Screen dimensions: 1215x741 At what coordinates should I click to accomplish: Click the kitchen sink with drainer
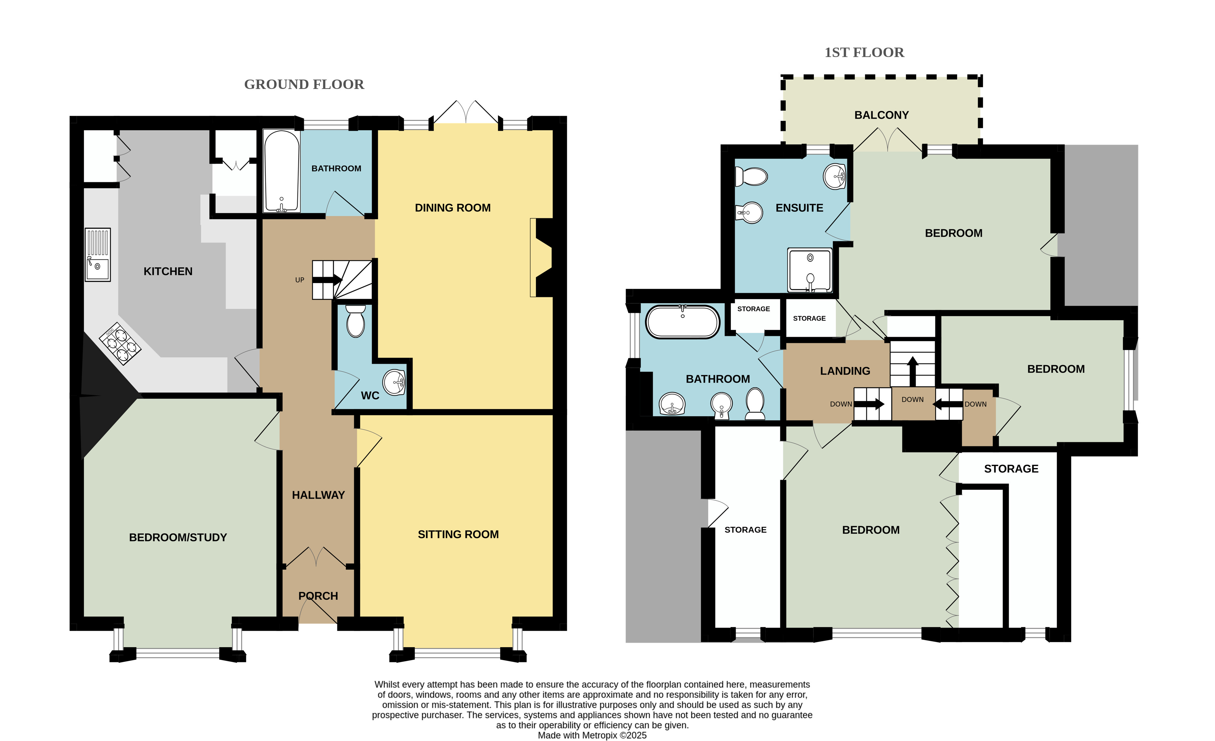[x=98, y=255]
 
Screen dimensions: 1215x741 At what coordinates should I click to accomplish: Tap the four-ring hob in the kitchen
[x=120, y=343]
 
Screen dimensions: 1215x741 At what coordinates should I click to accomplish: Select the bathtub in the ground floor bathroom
[x=282, y=171]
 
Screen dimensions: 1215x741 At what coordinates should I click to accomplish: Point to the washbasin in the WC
[x=394, y=382]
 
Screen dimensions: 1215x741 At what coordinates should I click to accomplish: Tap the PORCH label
[x=318, y=596]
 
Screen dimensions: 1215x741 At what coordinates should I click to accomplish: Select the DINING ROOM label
[x=453, y=208]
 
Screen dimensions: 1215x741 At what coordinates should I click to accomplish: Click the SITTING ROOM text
[x=458, y=534]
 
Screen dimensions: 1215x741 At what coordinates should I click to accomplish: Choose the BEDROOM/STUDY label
[x=178, y=537]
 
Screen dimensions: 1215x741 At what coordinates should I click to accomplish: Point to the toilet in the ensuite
[x=751, y=176]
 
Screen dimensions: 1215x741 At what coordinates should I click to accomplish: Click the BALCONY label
[x=882, y=115]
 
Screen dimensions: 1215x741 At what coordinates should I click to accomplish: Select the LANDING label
[x=845, y=371]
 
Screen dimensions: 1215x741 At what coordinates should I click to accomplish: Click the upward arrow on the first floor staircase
[x=913, y=371]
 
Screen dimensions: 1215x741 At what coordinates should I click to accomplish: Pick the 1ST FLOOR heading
[x=864, y=52]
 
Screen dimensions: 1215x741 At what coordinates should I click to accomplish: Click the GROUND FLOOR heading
[x=304, y=84]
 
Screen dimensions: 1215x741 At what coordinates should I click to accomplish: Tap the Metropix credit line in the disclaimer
[x=592, y=735]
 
